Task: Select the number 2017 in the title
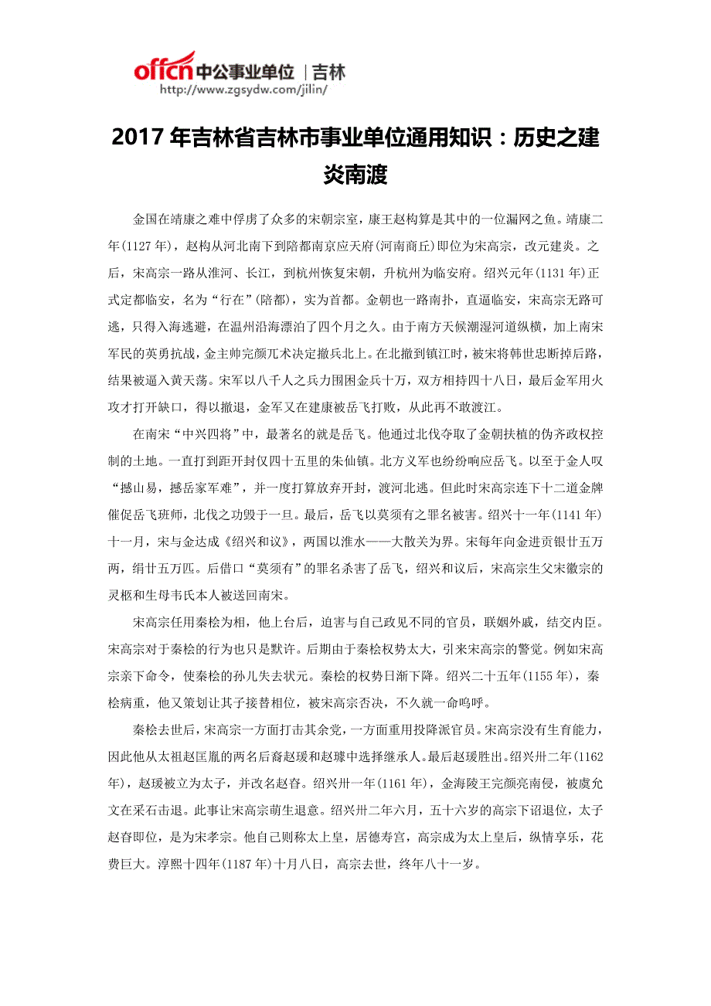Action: point(138,139)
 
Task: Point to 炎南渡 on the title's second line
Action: point(355,175)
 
